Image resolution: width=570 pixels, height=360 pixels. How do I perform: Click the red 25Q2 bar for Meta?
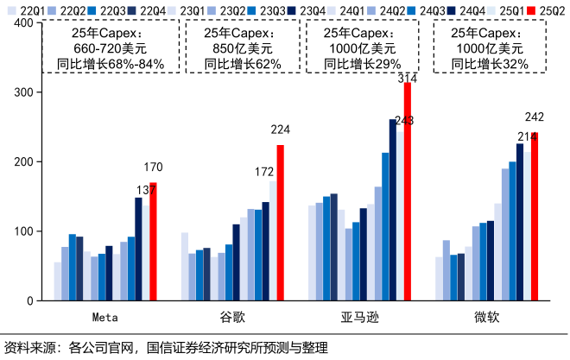[153, 242]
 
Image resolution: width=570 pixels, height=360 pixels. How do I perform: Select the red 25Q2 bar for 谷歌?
[280, 223]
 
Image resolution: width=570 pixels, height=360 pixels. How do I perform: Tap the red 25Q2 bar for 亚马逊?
[408, 192]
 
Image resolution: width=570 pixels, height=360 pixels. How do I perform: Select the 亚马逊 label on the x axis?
[359, 317]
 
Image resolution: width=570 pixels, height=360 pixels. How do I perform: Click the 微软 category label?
[487, 317]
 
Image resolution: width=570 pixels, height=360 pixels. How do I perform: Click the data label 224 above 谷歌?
[281, 130]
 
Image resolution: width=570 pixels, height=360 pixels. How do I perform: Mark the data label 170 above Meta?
[154, 167]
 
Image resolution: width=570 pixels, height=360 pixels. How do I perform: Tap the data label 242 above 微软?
[535, 117]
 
